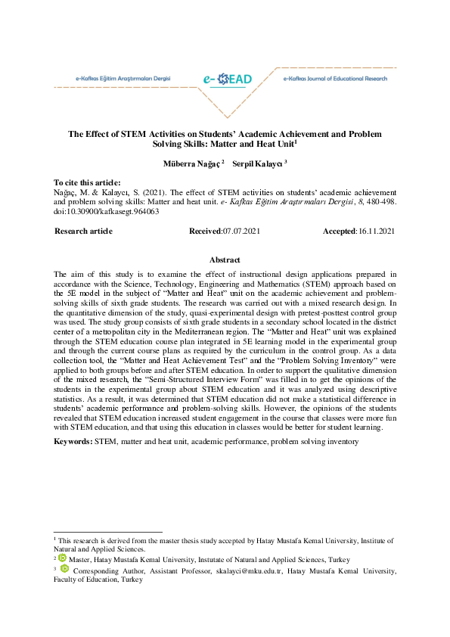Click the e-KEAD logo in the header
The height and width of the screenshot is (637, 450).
pos(227,79)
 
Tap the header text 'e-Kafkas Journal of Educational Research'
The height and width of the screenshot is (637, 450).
pos(334,79)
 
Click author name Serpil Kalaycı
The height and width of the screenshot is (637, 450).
pos(258,163)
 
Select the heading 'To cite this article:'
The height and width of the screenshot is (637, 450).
pos(87,183)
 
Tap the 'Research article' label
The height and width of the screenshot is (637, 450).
pos(83,230)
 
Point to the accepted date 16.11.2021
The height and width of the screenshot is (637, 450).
pos(376,230)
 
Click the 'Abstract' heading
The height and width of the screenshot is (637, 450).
pos(225,259)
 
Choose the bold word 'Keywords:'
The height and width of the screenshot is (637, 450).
pos(73,440)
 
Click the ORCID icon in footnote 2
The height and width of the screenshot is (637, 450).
pos(63,558)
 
